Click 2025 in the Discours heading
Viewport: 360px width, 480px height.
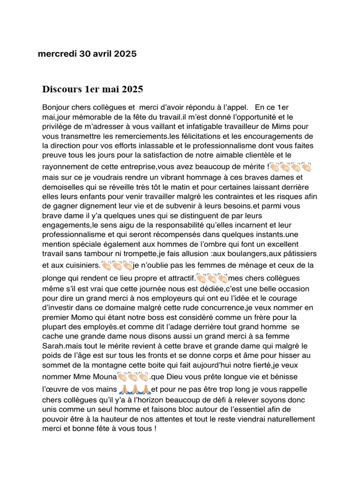pyautogui.click(x=133, y=89)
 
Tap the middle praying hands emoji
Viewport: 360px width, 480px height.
pyautogui.click(x=135, y=389)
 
